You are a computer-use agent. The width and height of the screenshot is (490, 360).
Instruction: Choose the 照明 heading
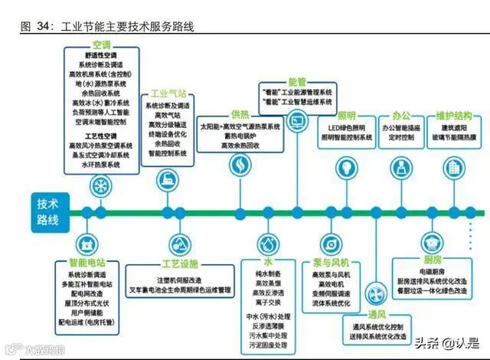345,116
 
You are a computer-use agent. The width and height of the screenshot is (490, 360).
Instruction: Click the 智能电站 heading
89,263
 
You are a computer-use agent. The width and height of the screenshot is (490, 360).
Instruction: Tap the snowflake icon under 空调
100,185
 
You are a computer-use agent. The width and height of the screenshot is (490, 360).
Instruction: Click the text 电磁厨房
431,273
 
